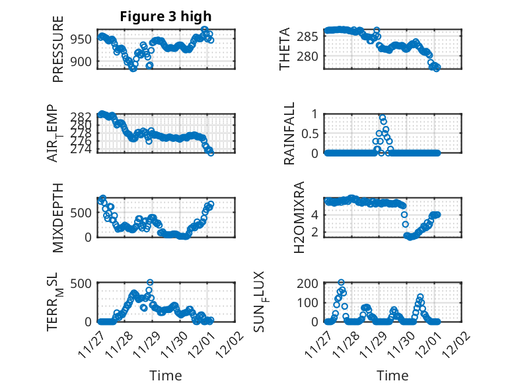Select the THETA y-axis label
pyautogui.click(x=285, y=50)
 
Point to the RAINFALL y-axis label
pyautogui.click(x=289, y=133)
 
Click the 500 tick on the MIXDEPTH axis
pyautogui.click(x=83, y=213)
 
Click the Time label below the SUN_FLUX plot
pyautogui.click(x=392, y=376)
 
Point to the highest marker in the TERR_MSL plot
pyautogui.click(x=150, y=283)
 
